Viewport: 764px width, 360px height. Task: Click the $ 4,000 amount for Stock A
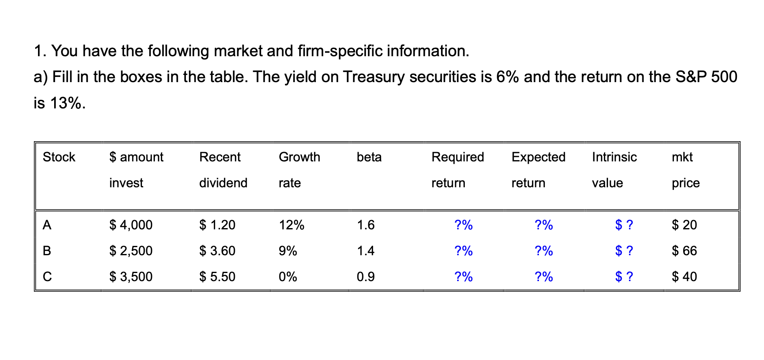coord(131,225)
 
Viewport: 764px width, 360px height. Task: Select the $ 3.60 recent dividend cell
coord(217,251)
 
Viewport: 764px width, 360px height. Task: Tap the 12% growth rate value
coord(291,225)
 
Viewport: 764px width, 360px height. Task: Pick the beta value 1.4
coord(365,251)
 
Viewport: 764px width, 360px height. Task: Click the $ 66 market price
coord(684,251)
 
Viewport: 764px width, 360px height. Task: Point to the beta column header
coord(369,157)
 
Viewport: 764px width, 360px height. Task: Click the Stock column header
coord(59,157)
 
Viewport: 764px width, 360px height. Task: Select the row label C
coord(47,277)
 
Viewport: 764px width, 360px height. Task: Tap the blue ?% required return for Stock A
coord(464,225)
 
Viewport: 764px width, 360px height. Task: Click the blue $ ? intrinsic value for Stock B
coord(624,251)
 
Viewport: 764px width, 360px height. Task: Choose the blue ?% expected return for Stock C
coord(544,277)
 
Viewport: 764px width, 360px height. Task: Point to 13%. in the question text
coord(68,104)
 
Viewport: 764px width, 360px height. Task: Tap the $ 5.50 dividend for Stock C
coord(217,277)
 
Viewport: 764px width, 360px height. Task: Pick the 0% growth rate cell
coord(288,277)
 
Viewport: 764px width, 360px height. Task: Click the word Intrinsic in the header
coord(614,157)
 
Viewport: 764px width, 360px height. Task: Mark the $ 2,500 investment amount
coord(131,251)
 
